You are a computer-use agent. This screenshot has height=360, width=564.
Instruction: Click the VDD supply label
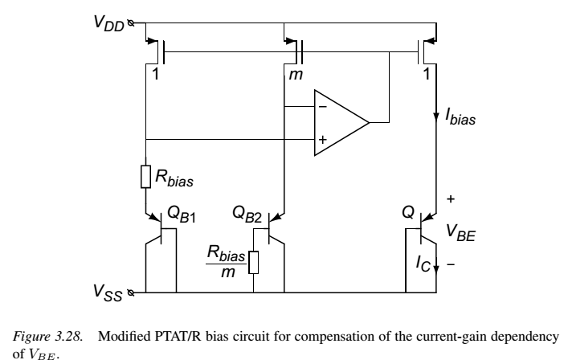(109, 23)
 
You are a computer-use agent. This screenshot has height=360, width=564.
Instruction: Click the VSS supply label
(108, 292)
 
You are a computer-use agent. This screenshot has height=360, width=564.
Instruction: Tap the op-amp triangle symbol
(341, 123)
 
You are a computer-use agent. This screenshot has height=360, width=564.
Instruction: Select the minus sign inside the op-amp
(323, 107)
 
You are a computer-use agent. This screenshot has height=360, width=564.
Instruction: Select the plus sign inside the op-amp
(323, 139)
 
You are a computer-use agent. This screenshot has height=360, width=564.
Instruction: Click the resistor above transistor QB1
(145, 177)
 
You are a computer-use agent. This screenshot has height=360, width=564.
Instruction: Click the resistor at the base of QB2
(254, 263)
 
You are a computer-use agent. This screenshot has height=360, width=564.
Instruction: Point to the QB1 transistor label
(182, 215)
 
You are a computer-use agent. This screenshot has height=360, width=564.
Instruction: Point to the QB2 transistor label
(247, 215)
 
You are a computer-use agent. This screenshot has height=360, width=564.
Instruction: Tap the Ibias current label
(461, 117)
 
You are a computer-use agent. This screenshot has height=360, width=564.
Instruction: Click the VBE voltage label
(461, 232)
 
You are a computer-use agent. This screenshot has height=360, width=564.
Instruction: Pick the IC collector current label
(423, 264)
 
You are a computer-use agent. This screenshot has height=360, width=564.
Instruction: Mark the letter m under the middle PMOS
(296, 75)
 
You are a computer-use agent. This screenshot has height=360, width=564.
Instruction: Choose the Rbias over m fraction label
(227, 262)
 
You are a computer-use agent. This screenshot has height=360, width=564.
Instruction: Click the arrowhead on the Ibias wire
(436, 117)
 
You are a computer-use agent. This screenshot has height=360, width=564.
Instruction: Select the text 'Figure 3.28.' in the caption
(48, 337)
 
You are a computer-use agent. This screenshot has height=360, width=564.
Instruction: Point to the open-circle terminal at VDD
(131, 23)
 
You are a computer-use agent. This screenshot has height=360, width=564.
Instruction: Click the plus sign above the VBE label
(451, 198)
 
